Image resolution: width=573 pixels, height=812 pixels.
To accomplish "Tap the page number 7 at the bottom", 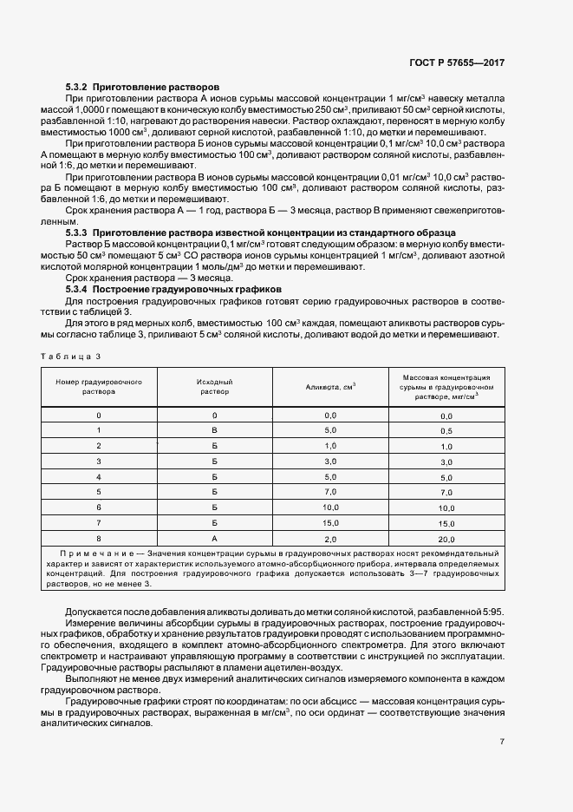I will pyautogui.click(x=502, y=741).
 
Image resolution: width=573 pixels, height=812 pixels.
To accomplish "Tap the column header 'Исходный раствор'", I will pyautogui.click(x=214, y=386).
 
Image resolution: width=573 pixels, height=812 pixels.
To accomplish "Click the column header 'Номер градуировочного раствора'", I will pyautogui.click(x=99, y=386).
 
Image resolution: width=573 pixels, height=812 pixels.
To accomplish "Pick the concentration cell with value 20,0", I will pyautogui.click(x=446, y=539).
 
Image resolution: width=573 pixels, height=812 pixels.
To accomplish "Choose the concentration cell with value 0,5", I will pyautogui.click(x=446, y=431).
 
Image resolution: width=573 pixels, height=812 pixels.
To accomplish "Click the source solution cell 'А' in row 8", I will pyautogui.click(x=214, y=539).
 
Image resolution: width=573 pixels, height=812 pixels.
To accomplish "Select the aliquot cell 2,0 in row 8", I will pyautogui.click(x=330, y=539).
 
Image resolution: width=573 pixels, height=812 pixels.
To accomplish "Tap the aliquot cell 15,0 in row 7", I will pyautogui.click(x=330, y=523).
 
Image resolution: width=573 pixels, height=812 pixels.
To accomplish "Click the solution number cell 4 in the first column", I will pyautogui.click(x=99, y=477).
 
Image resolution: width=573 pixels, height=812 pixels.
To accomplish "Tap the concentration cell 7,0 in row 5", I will pyautogui.click(x=446, y=493).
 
